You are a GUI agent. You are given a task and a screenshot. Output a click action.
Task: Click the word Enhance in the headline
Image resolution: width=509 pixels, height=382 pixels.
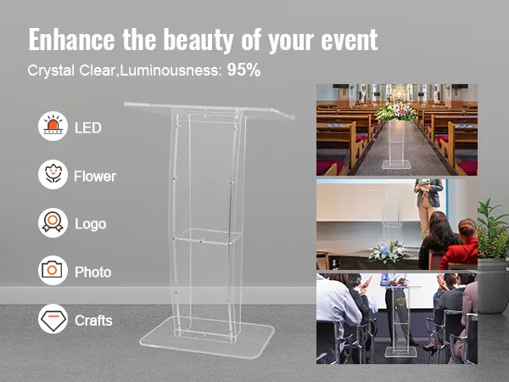click(71, 40)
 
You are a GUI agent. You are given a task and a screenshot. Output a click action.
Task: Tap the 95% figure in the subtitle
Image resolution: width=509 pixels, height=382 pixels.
click(243, 70)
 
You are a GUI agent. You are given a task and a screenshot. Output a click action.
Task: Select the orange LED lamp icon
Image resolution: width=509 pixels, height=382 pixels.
click(53, 126)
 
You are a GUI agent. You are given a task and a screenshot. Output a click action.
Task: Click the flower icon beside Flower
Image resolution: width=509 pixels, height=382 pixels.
click(53, 174)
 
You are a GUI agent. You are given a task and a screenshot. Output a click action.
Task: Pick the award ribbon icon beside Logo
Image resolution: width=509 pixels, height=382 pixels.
click(53, 222)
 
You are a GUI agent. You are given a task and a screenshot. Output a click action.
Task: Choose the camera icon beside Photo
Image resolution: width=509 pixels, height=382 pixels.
click(53, 271)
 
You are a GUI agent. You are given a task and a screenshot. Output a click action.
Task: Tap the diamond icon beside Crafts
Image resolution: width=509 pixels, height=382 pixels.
click(53, 318)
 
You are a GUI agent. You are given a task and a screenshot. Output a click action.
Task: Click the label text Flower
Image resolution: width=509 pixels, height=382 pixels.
click(95, 177)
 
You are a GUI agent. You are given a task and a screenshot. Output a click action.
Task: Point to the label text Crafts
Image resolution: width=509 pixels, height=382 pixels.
click(93, 321)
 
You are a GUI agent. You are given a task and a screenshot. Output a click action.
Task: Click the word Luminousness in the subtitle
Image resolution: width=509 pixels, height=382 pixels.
click(171, 70)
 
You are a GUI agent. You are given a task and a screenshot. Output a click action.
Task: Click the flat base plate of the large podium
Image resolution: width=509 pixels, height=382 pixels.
click(207, 338)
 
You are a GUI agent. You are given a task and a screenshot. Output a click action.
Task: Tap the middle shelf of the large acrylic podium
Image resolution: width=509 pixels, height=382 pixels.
click(207, 236)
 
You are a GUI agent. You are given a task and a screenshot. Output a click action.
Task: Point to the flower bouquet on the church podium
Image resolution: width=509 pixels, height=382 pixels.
click(396, 111)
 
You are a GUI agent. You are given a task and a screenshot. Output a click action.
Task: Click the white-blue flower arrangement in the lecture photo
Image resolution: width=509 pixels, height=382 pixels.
click(389, 252)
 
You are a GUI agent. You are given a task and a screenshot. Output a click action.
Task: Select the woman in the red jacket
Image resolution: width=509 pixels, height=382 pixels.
click(459, 244)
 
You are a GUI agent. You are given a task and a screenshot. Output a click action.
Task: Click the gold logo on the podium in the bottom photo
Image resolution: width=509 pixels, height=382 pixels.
click(401, 301)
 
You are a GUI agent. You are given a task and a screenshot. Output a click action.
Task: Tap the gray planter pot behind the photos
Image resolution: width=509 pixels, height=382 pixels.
click(493, 285)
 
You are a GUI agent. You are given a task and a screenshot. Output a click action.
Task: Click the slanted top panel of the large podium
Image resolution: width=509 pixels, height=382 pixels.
click(210, 111)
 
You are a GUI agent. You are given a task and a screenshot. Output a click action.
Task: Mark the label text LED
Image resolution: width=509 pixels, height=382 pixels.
click(88, 128)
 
